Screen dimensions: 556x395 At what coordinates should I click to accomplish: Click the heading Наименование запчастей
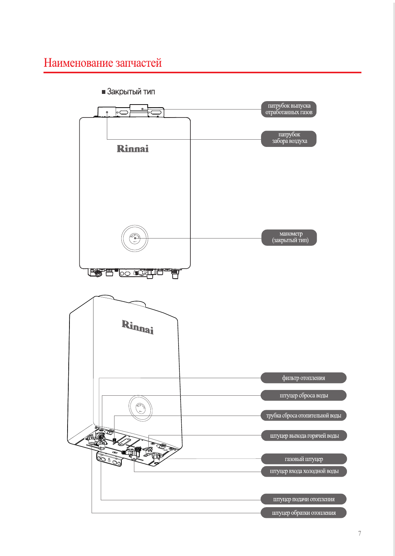click(103, 63)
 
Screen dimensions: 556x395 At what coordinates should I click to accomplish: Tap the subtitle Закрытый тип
click(131, 92)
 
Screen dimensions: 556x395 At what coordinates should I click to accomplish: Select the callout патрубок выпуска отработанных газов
click(289, 109)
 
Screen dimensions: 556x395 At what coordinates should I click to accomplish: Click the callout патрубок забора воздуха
click(289, 138)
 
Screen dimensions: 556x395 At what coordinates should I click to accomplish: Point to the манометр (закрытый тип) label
click(289, 237)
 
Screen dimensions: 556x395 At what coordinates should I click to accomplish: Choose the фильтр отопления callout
click(303, 378)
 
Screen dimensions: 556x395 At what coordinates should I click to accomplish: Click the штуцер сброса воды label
click(303, 395)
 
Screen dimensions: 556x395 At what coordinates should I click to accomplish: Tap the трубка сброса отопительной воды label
click(303, 416)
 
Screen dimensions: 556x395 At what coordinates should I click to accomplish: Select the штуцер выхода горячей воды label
click(304, 436)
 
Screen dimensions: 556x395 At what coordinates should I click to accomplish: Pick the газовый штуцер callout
click(304, 459)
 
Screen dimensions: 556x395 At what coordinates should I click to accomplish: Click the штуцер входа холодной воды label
click(304, 471)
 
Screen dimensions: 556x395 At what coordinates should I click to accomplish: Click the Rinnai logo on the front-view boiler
click(132, 149)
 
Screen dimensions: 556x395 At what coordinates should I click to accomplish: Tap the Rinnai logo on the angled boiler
click(138, 327)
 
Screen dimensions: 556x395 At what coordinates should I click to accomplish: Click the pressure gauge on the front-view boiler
click(134, 238)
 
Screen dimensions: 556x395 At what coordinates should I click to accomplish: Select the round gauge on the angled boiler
click(140, 408)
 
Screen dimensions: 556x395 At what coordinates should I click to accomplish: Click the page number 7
click(360, 533)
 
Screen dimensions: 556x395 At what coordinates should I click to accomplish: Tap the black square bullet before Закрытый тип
click(103, 92)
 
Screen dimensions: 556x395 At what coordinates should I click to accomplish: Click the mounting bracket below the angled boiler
click(110, 459)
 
